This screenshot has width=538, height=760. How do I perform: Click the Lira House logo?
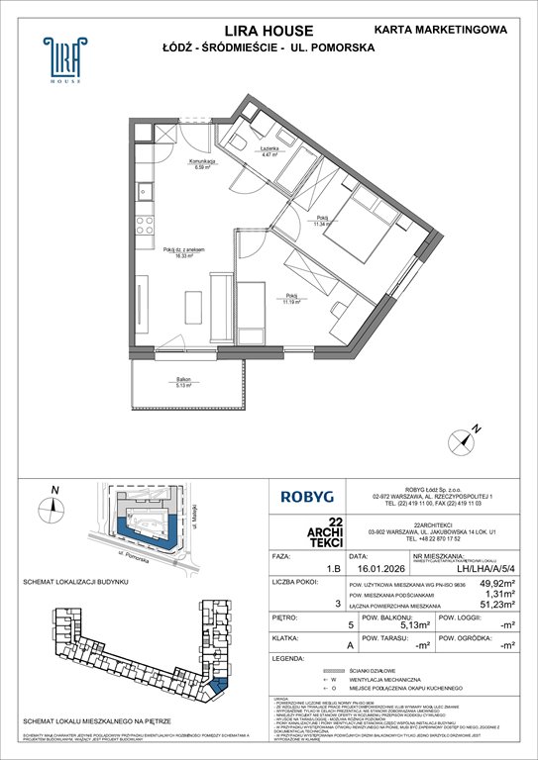click(61, 58)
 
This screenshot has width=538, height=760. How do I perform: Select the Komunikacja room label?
click(205, 163)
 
